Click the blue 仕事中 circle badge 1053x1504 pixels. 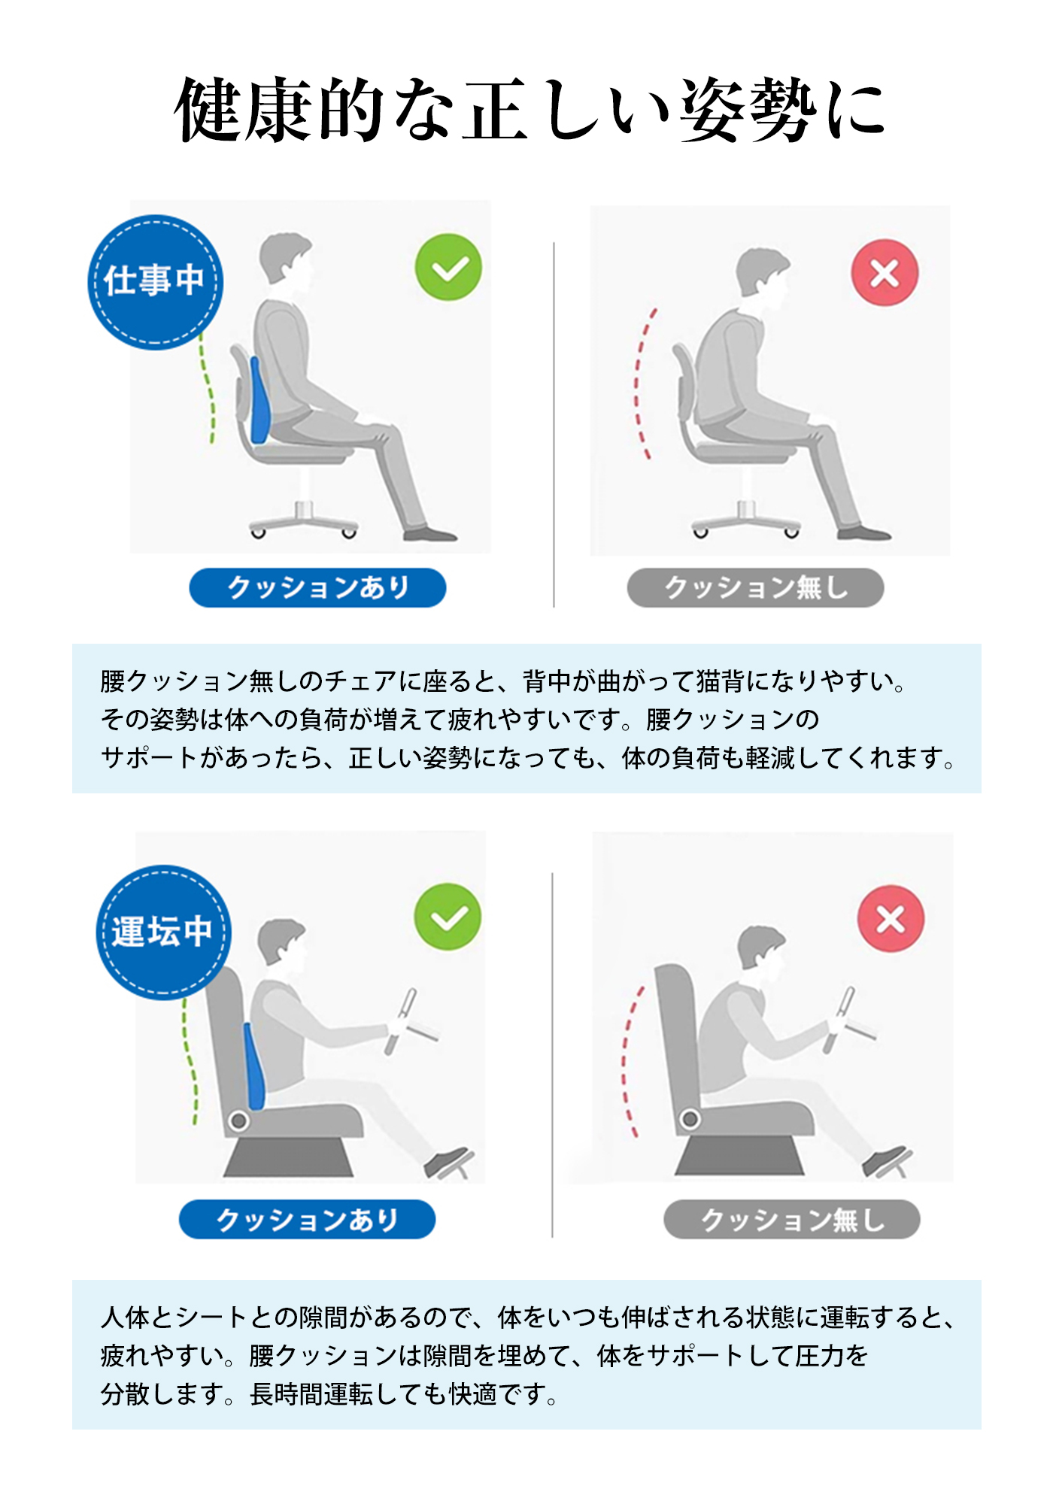click(x=155, y=283)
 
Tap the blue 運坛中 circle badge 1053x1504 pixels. click(x=163, y=932)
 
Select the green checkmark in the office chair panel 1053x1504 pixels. click(x=448, y=267)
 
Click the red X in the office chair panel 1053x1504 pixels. click(x=885, y=273)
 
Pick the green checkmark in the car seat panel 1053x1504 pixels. click(x=448, y=917)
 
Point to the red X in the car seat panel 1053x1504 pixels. click(x=891, y=919)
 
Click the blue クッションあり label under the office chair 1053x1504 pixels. click(x=317, y=587)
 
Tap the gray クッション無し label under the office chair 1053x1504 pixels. click(x=755, y=587)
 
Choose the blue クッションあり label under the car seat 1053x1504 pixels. click(x=307, y=1219)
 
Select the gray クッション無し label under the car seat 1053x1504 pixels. click(x=791, y=1219)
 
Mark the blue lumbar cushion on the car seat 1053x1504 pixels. click(x=254, y=1066)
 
